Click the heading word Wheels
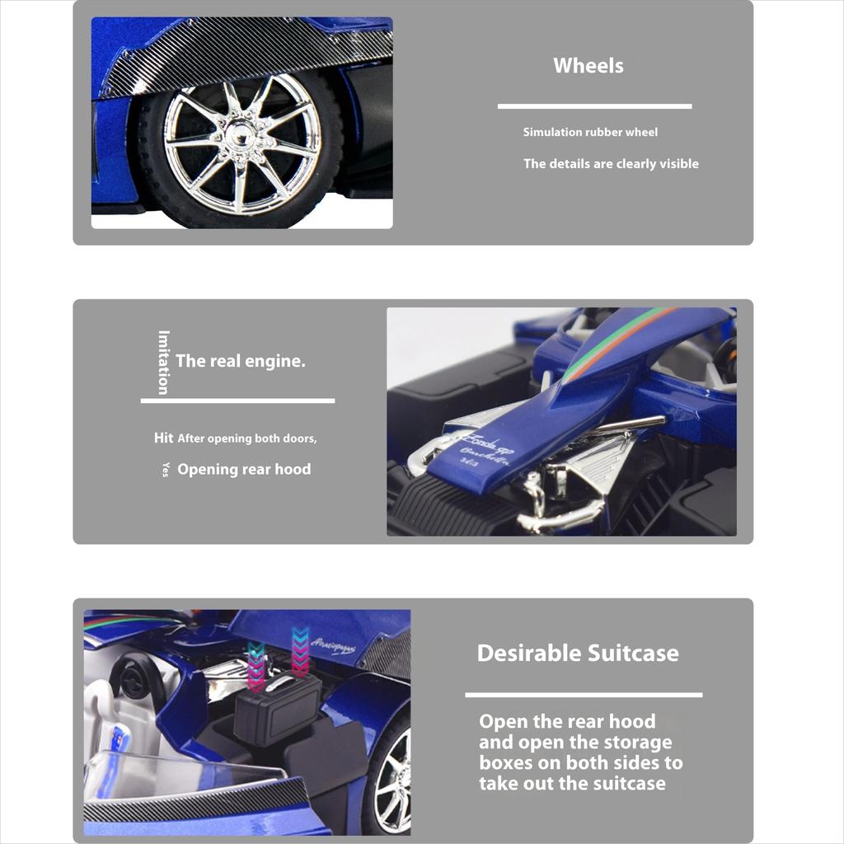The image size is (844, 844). click(588, 66)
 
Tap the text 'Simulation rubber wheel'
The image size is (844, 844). click(590, 132)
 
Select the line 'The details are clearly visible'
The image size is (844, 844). click(611, 164)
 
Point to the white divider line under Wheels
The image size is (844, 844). click(594, 106)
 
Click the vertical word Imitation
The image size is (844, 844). click(164, 363)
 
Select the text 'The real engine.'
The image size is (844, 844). click(240, 361)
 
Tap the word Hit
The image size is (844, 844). click(163, 438)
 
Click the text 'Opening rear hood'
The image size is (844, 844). click(244, 470)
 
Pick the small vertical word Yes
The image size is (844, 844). click(165, 469)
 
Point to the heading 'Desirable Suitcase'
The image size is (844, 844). click(578, 654)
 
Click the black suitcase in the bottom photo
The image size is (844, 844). click(277, 709)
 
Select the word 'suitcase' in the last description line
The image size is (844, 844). click(629, 784)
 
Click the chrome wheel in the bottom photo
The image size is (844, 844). click(394, 779)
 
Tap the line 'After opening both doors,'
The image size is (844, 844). click(247, 438)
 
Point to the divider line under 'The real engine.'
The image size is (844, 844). click(237, 401)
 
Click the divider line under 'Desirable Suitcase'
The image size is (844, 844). click(584, 695)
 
